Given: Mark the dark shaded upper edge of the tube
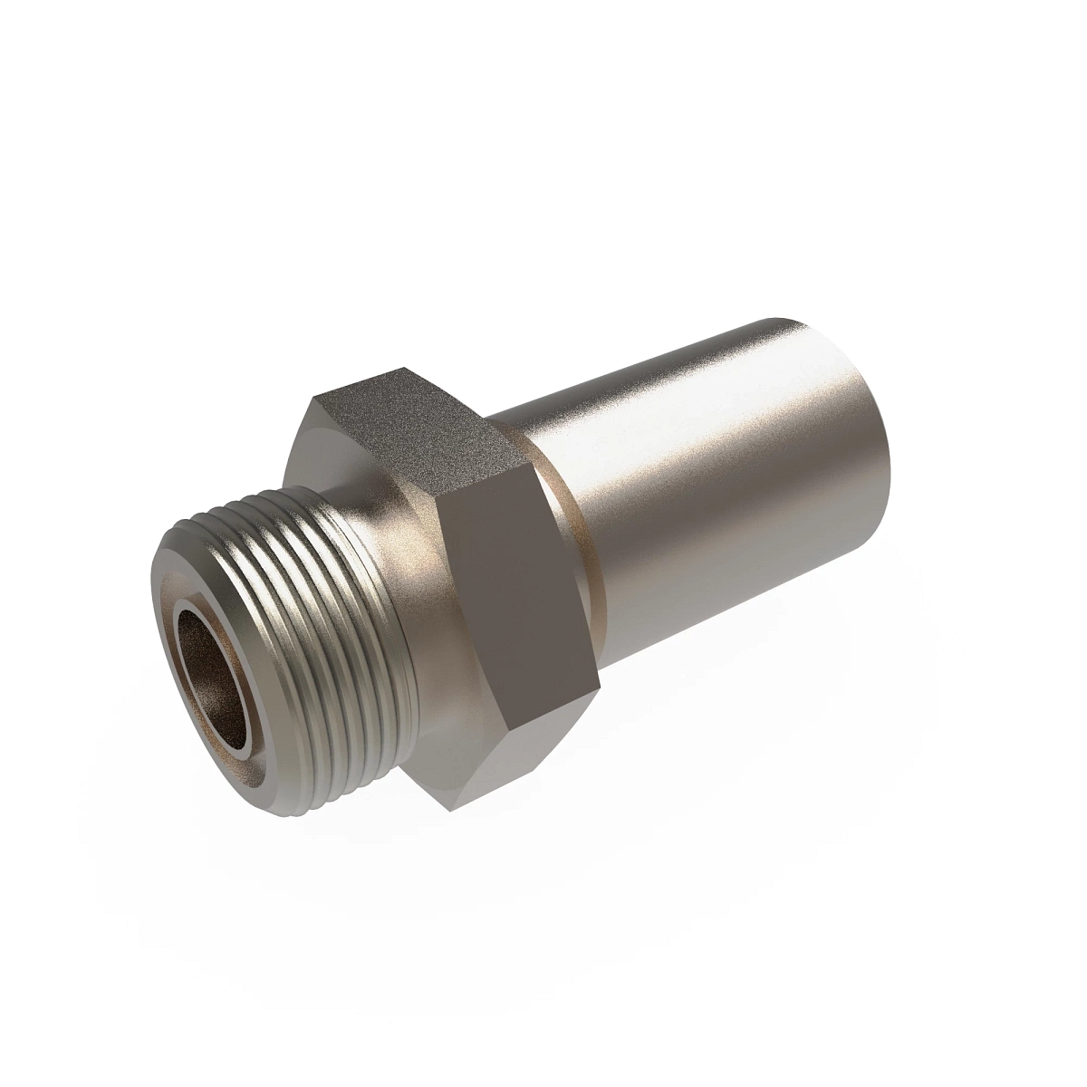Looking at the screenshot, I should [x=634, y=362].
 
